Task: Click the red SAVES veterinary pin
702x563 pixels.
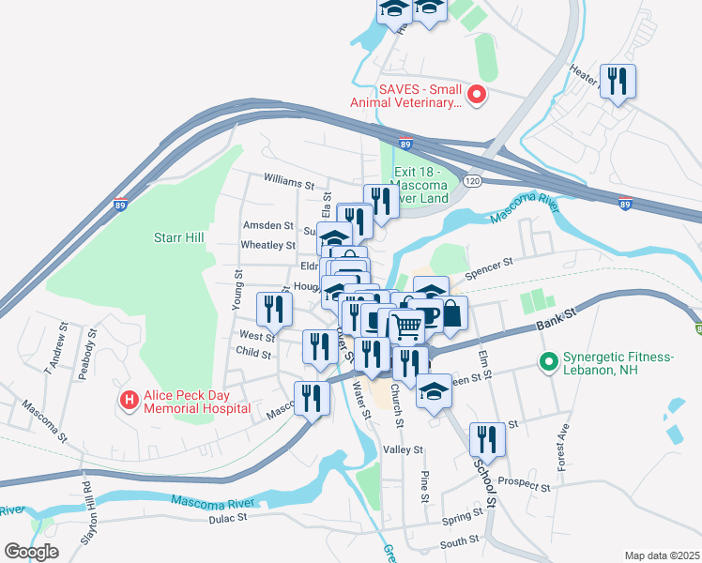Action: (x=476, y=94)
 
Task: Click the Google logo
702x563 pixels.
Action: (x=31, y=552)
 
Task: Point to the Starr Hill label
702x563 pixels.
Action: (x=179, y=238)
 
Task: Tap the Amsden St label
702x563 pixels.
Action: (x=268, y=226)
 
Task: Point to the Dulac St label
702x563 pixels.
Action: (x=228, y=517)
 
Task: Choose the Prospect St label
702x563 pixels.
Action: (x=525, y=484)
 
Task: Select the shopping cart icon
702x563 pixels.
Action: (x=406, y=327)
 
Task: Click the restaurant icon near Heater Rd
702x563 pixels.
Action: (x=616, y=81)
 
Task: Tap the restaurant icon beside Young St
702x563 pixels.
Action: (x=274, y=308)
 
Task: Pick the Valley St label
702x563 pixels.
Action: (x=404, y=449)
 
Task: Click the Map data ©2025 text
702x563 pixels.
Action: (x=661, y=555)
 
